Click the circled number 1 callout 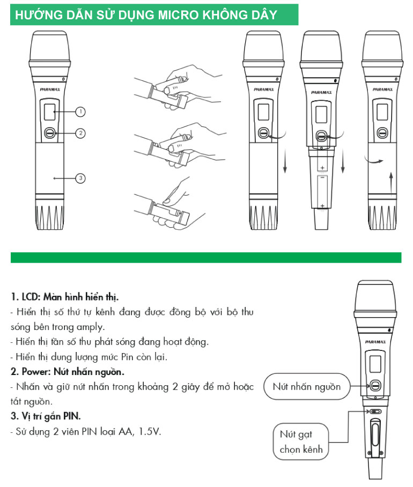coord(80,111)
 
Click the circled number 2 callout coord(80,133)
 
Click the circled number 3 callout coord(80,178)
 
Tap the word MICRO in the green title coord(176,15)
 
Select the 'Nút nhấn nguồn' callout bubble coord(307,387)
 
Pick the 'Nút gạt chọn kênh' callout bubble coord(301,441)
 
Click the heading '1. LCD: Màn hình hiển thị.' coord(65,297)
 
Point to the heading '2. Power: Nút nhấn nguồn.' coord(68,372)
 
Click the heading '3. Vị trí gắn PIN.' coord(46,416)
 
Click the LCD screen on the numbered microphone coord(49,112)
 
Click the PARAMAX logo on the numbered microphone coord(50,89)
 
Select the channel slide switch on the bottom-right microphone coord(375,412)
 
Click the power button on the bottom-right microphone coord(375,386)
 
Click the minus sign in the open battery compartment coord(322,177)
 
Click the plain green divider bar coord(206,258)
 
